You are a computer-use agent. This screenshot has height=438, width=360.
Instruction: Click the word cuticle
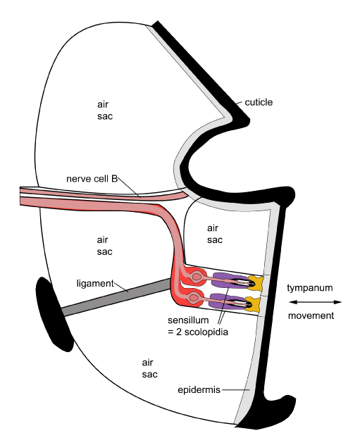[x=259, y=102]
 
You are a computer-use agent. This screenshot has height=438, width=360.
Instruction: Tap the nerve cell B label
[x=92, y=179]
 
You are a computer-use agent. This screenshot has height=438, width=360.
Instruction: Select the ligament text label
[x=95, y=284]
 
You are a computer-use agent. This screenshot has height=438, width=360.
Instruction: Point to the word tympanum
[x=310, y=288]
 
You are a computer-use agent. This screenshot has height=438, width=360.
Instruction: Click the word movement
[x=311, y=315]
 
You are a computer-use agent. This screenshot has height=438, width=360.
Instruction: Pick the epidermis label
[x=199, y=390]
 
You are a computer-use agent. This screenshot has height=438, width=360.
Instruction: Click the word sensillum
[x=188, y=320]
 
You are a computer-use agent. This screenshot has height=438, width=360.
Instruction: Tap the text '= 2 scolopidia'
[x=198, y=332]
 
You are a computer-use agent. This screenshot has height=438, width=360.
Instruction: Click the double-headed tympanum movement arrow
[x=316, y=302]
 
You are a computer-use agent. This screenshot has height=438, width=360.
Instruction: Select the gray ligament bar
[x=115, y=297]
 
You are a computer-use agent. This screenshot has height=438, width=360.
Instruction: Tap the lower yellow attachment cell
[x=254, y=304]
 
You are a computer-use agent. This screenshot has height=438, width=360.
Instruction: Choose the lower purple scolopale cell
[x=228, y=301]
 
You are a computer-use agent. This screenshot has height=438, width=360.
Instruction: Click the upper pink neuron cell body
[x=197, y=277]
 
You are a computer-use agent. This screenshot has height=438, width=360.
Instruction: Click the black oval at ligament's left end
[x=53, y=314]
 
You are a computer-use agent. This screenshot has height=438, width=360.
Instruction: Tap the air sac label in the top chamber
[x=105, y=110]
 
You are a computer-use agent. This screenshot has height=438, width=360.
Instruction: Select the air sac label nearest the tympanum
[x=215, y=234]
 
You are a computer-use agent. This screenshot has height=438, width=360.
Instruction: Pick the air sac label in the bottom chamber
[x=149, y=368]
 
